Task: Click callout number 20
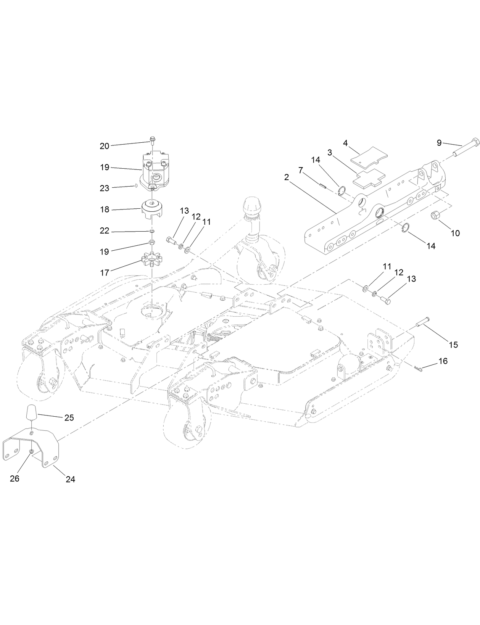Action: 104,146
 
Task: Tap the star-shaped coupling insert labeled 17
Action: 152,260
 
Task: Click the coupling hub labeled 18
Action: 152,208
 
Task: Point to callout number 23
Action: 104,188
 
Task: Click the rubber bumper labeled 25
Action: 32,413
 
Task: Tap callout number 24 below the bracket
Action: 70,479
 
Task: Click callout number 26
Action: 14,478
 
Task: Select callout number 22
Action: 104,231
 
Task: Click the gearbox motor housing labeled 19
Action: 155,170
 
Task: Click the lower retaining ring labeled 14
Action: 407,229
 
